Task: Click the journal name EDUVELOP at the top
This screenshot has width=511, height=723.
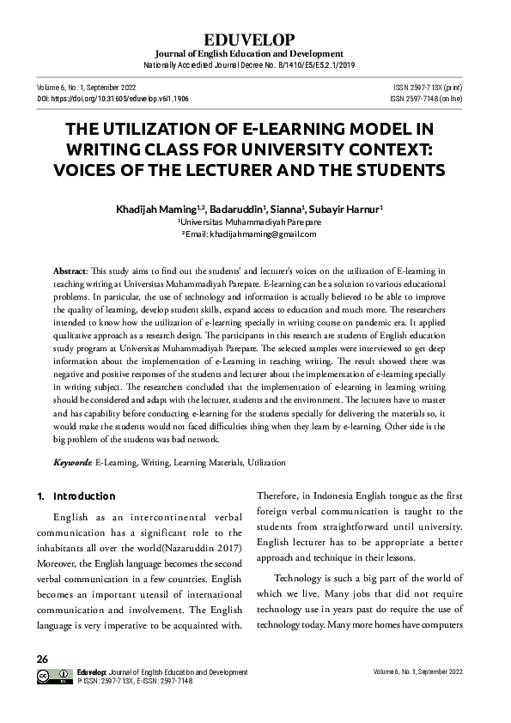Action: [x=255, y=39]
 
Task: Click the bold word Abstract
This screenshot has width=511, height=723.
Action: [x=70, y=269]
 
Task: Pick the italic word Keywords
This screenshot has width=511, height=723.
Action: [x=72, y=462]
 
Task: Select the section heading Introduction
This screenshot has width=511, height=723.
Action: [x=84, y=496]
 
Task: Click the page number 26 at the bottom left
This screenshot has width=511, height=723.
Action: [x=42, y=659]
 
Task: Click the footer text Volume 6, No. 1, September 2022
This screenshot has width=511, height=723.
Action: [x=426, y=671]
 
